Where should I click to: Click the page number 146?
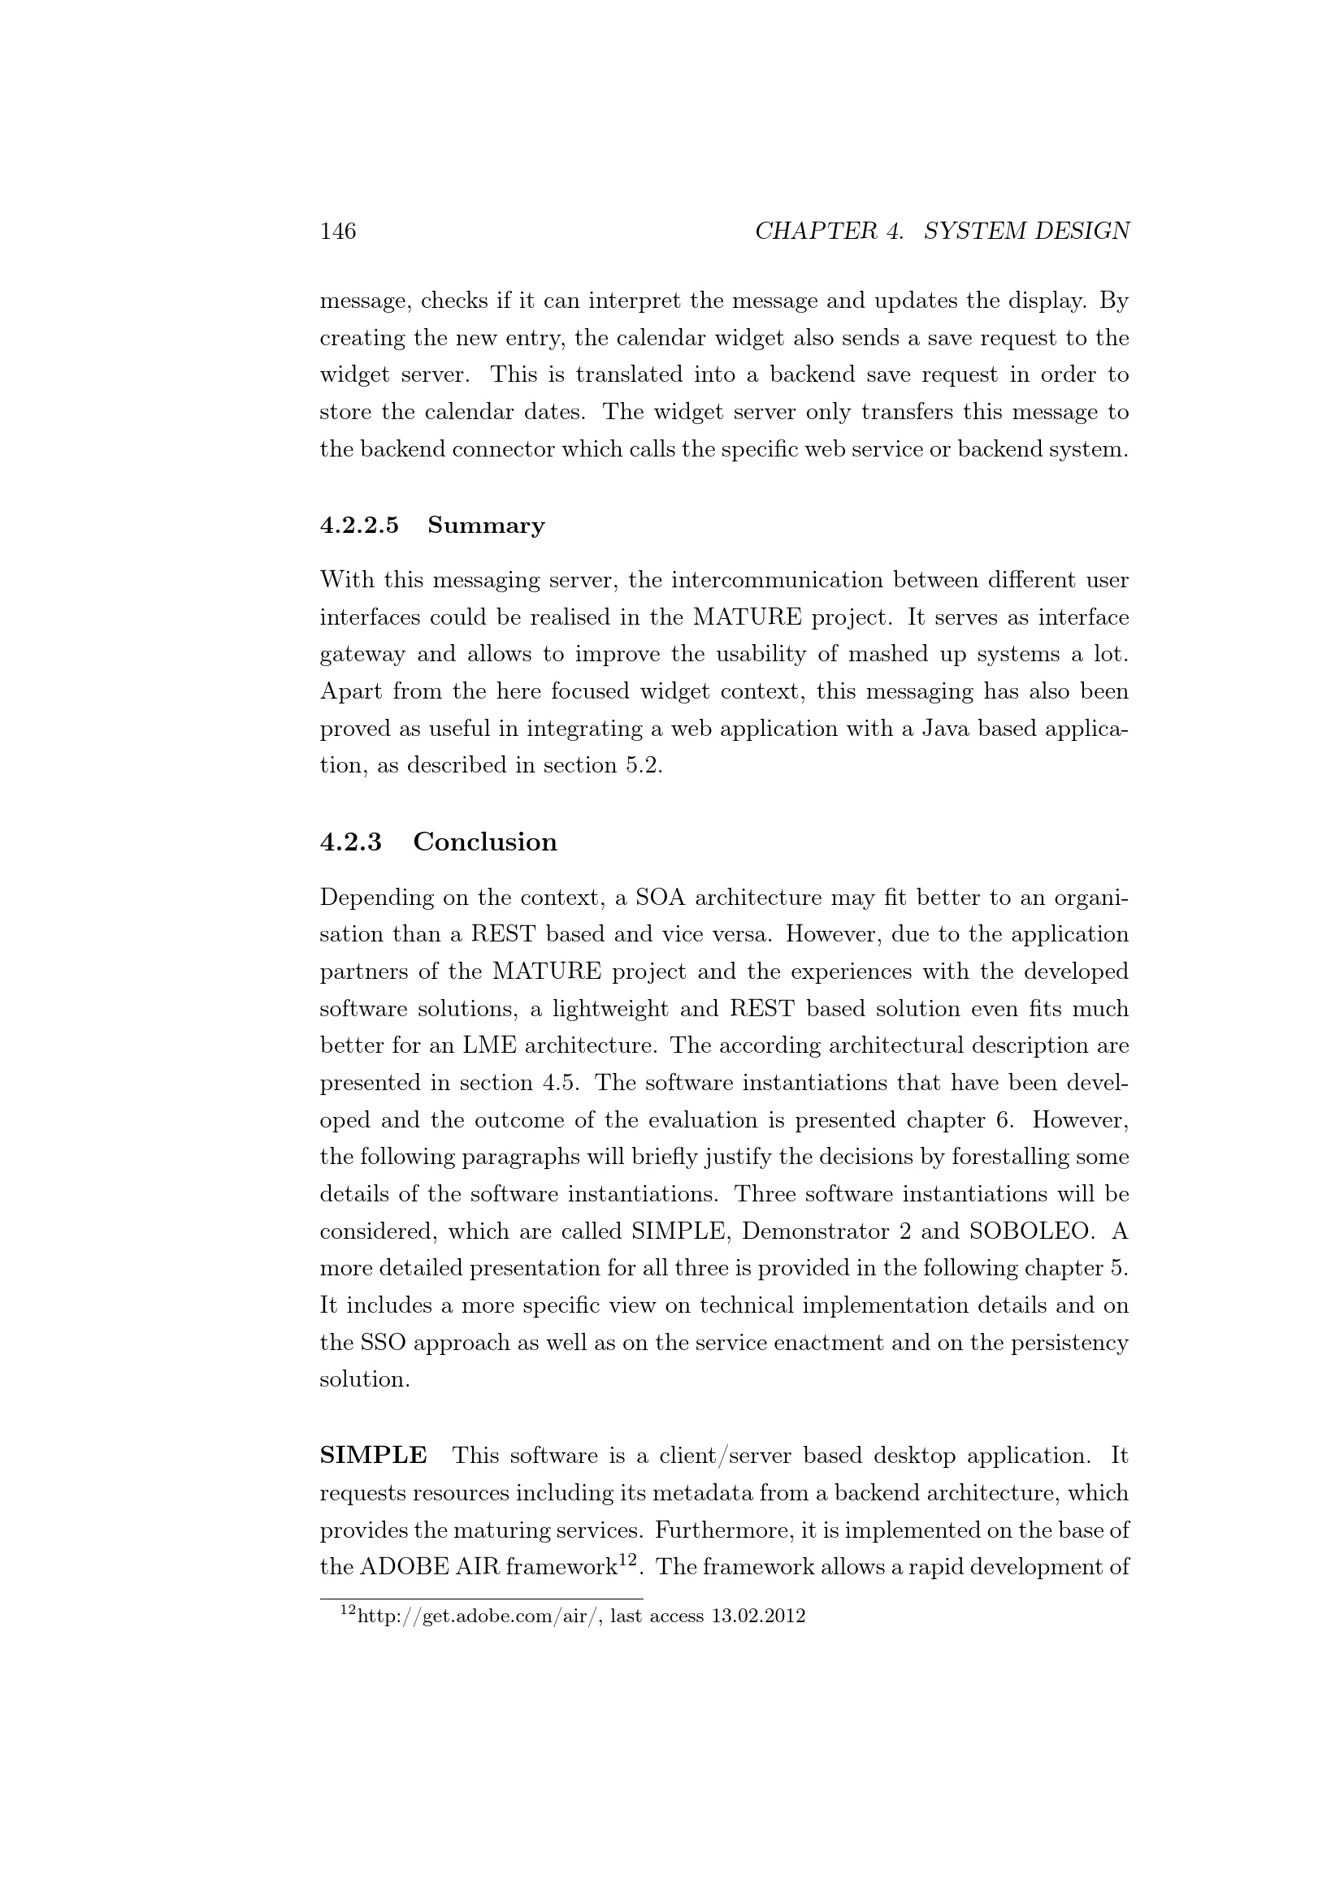click(338, 231)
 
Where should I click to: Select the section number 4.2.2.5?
click(359, 526)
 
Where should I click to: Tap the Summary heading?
click(486, 526)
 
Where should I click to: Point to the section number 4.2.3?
click(351, 842)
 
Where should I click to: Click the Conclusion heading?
click(485, 842)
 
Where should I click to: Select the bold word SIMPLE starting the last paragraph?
click(373, 1455)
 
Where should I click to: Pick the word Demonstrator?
click(815, 1231)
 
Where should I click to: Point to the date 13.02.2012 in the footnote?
click(758, 1616)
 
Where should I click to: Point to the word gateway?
click(362, 655)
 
